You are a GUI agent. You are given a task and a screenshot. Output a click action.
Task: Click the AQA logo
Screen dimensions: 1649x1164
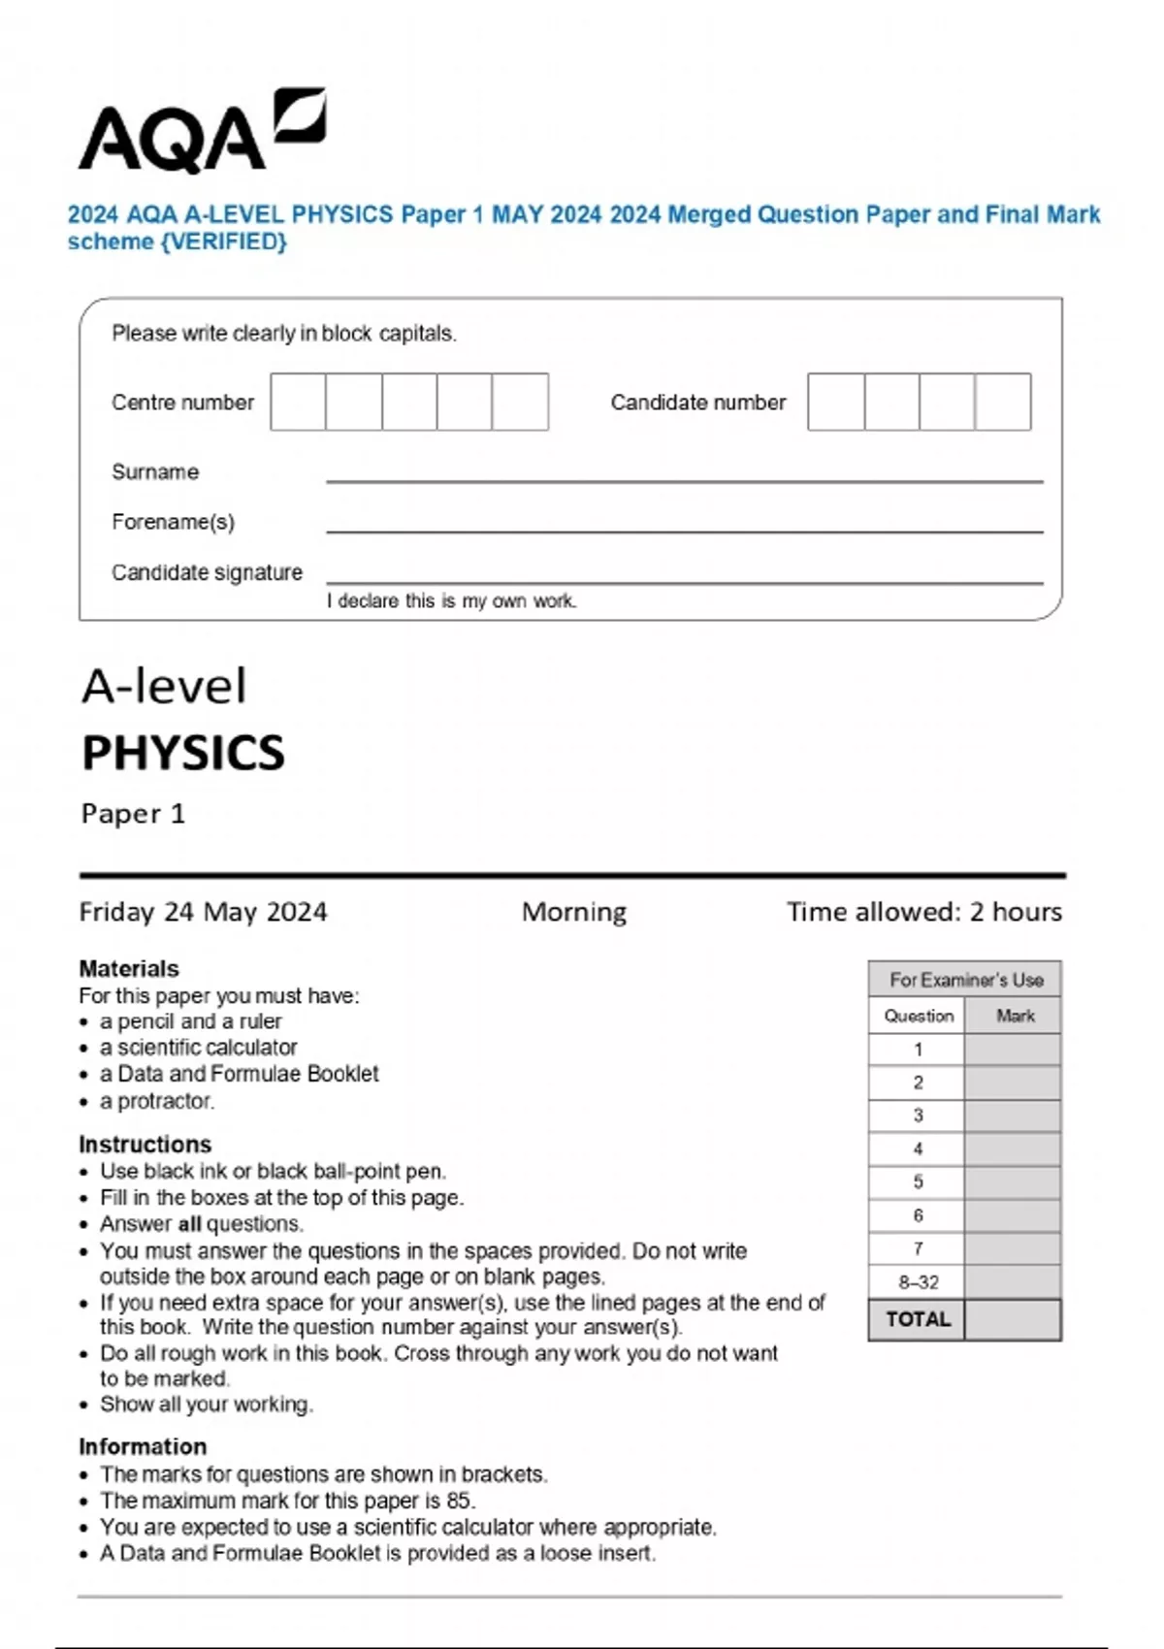point(201,134)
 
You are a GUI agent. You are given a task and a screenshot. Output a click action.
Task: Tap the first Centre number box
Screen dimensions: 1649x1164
point(298,402)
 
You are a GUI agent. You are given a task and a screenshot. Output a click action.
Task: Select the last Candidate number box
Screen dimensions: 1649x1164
point(1002,402)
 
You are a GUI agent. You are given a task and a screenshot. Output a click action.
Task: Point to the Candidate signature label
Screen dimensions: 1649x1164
point(207,572)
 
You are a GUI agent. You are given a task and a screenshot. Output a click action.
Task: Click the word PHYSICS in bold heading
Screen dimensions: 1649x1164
point(183,753)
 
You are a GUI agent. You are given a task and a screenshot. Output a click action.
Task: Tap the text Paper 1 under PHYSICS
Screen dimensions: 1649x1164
point(133,813)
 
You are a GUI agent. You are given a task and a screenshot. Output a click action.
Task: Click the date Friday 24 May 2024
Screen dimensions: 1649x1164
point(203,912)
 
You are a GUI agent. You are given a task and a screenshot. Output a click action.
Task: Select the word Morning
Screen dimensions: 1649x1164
point(573,912)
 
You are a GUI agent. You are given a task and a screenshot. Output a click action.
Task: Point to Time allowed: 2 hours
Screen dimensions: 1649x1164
point(923,912)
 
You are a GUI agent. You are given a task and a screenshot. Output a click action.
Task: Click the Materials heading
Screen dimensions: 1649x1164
point(128,968)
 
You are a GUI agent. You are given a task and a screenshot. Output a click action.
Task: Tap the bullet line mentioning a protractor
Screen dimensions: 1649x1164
point(156,1101)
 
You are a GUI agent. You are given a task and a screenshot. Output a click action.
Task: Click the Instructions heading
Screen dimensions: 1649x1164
point(145,1144)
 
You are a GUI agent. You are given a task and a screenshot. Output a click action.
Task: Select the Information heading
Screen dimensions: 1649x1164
point(143,1446)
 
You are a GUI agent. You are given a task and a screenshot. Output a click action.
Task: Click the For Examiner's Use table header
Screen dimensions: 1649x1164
point(965,980)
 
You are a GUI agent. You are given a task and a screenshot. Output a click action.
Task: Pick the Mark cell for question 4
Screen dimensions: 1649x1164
point(1012,1149)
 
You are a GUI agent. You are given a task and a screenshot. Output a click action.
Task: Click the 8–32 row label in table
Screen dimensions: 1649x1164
point(918,1282)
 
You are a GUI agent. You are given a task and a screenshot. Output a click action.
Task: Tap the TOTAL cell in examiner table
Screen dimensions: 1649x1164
point(918,1319)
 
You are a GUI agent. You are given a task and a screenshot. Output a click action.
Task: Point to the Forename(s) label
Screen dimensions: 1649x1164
point(173,522)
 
